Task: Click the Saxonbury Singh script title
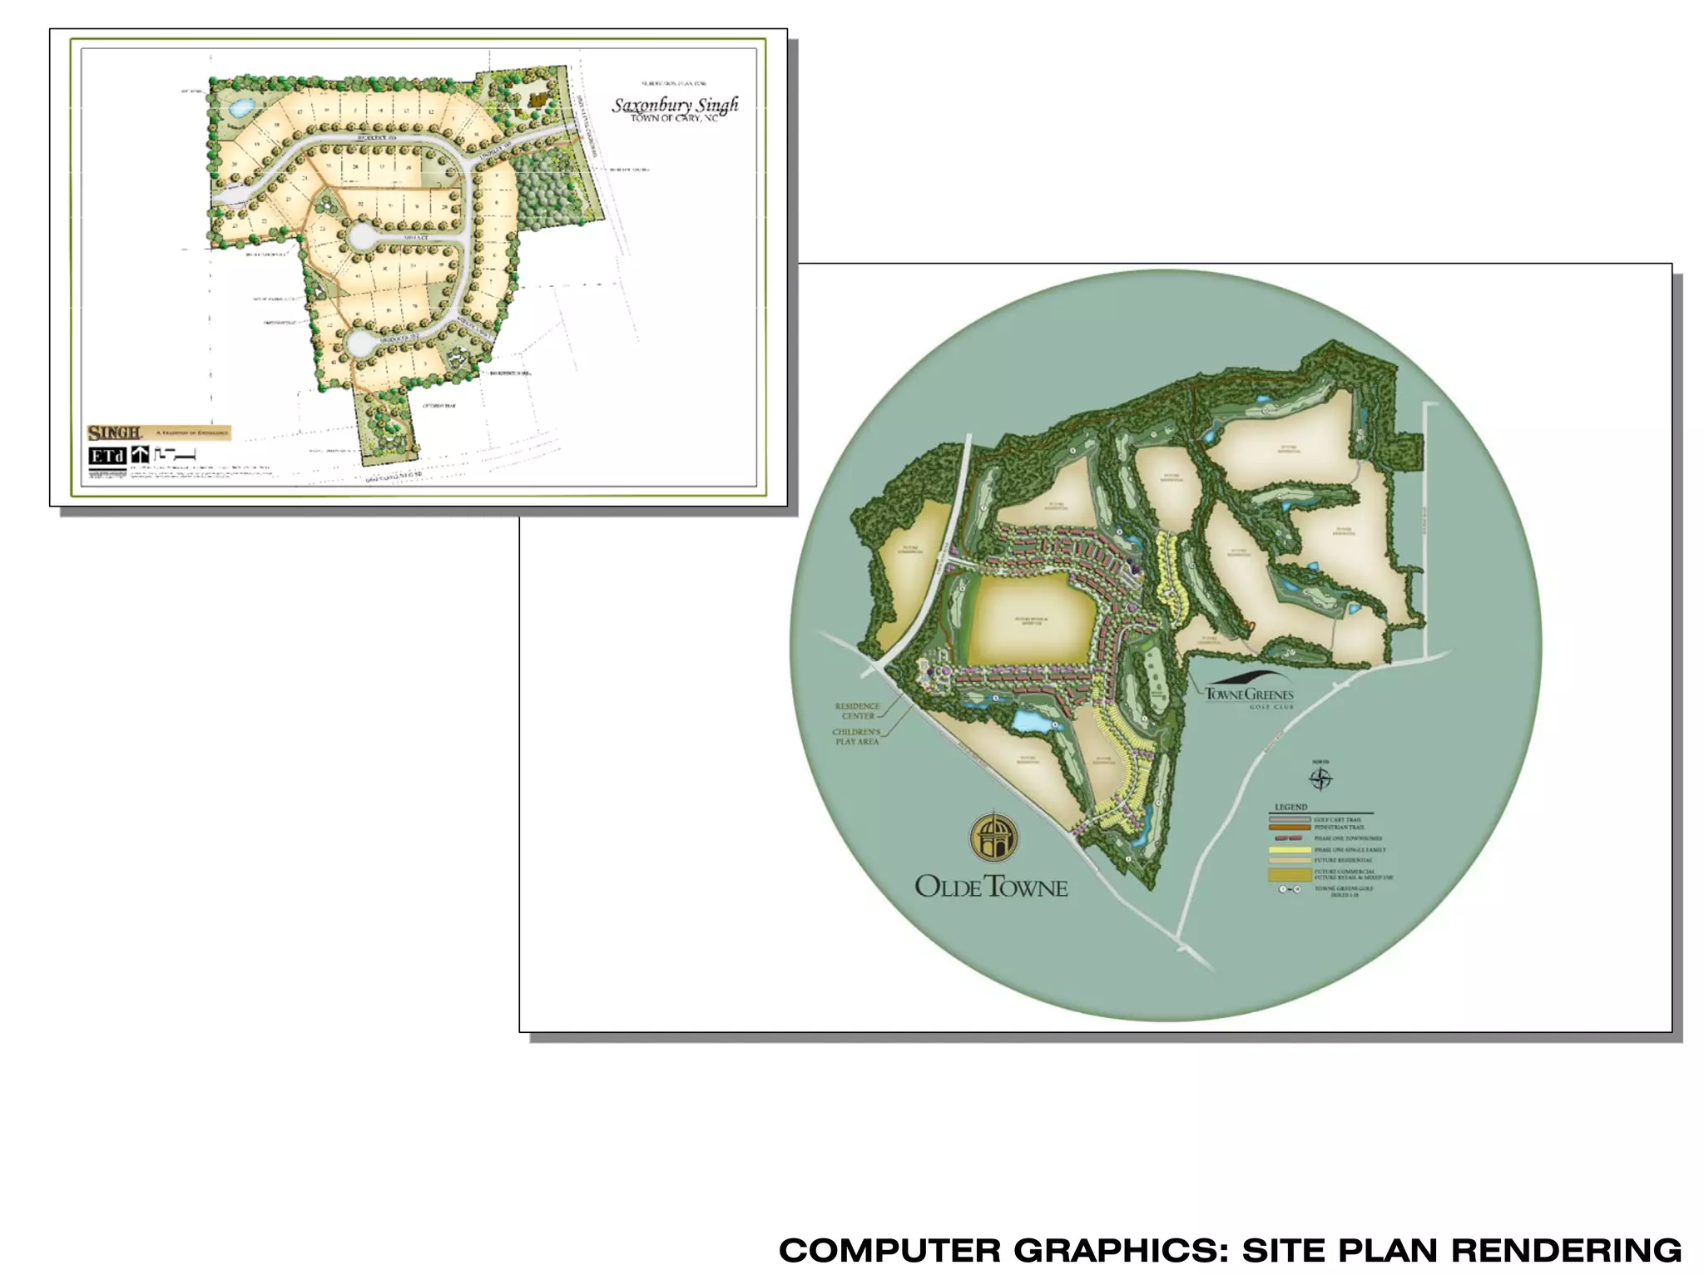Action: pyautogui.click(x=675, y=106)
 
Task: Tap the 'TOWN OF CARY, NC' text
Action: pyautogui.click(x=674, y=119)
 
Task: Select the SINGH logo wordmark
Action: pyautogui.click(x=114, y=432)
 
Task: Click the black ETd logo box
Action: pyautogui.click(x=107, y=456)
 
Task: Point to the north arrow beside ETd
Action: pyautogui.click(x=141, y=455)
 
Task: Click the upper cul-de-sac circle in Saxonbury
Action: pyautogui.click(x=363, y=237)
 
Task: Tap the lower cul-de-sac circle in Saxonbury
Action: pyautogui.click(x=361, y=341)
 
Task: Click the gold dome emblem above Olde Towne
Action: pyautogui.click(x=992, y=838)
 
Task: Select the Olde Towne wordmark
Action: pyautogui.click(x=991, y=887)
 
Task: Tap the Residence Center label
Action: pyautogui.click(x=857, y=711)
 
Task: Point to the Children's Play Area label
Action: pyautogui.click(x=856, y=737)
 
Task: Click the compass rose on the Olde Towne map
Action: pyautogui.click(x=1320, y=779)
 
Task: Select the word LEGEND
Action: pyautogui.click(x=1290, y=808)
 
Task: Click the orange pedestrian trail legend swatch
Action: pyautogui.click(x=1289, y=828)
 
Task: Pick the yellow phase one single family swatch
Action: pyautogui.click(x=1289, y=850)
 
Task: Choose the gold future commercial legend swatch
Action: pyautogui.click(x=1289, y=875)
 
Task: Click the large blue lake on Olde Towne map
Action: pyautogui.click(x=1032, y=720)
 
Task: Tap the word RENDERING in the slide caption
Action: pyautogui.click(x=1566, y=1250)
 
